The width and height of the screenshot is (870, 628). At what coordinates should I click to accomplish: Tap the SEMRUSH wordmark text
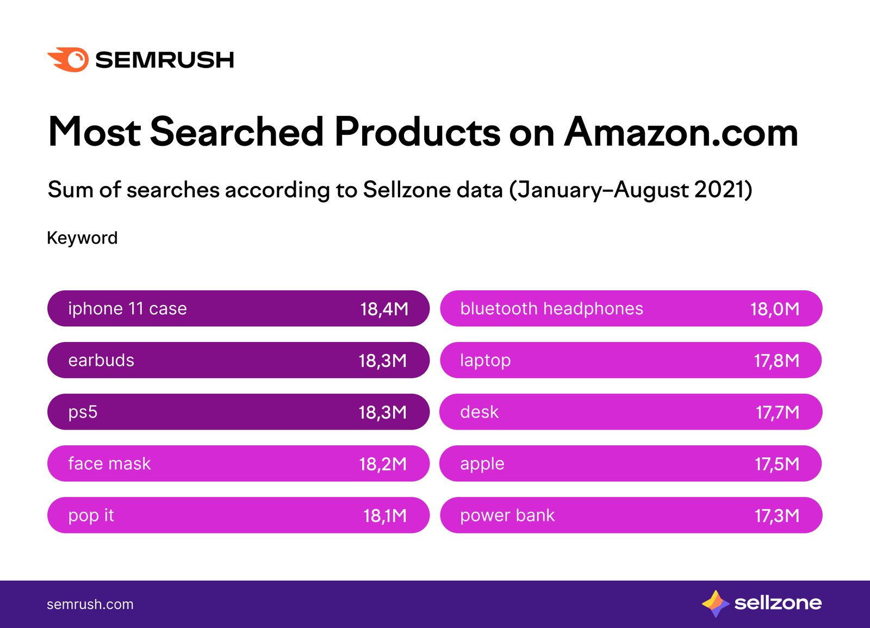pos(164,60)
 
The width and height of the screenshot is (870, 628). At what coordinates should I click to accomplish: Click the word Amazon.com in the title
pos(681,132)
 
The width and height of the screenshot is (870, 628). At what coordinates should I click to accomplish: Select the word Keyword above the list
pos(82,238)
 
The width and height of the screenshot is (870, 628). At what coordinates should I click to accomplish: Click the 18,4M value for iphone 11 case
pos(384,309)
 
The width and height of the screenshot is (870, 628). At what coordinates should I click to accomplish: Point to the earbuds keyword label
pos(101,360)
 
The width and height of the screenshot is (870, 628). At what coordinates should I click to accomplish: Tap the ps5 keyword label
pos(83,412)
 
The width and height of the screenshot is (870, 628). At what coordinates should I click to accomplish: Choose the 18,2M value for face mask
pos(383,464)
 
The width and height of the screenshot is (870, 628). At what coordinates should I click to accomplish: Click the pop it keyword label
pos(91,515)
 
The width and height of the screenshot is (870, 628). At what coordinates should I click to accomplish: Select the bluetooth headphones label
pos(551,309)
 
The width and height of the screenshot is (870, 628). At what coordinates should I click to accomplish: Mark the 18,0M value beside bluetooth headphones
pos(775,309)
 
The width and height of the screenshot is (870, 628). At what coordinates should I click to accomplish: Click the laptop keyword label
pos(485,360)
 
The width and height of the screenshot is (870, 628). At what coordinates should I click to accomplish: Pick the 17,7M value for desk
pos(778,412)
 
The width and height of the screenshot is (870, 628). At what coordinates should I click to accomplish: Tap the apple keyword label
pos(482,464)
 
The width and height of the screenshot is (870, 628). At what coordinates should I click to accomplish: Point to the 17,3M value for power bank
pos(777,515)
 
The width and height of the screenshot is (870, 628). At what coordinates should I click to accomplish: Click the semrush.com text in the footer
pos(90,604)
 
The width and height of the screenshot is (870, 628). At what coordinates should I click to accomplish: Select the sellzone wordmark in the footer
pos(778,603)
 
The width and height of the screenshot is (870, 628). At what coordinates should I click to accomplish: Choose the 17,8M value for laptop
pos(776,360)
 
